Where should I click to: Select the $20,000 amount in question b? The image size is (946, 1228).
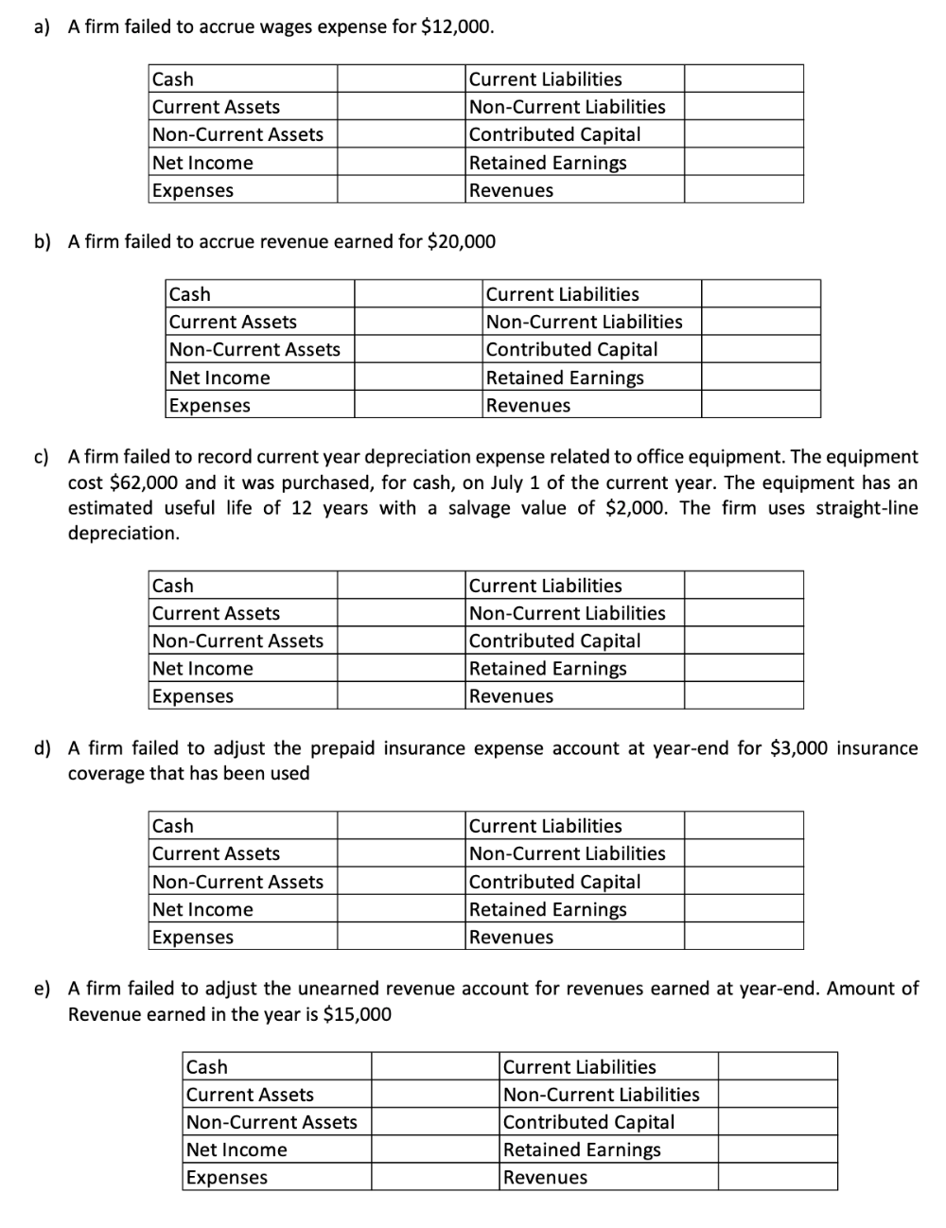pyautogui.click(x=462, y=241)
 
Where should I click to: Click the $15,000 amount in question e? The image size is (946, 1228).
pyautogui.click(x=357, y=1014)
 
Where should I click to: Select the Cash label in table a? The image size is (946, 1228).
pyautogui.click(x=173, y=79)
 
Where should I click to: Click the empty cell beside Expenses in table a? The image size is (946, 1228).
pyautogui.click(x=401, y=190)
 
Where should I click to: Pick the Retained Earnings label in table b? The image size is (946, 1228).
pyautogui.click(x=565, y=377)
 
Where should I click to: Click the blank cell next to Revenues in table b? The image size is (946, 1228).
pyautogui.click(x=761, y=405)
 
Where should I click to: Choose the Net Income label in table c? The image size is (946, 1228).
pyautogui.click(x=202, y=669)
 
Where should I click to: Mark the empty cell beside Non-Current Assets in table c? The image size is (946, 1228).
pyautogui.click(x=401, y=641)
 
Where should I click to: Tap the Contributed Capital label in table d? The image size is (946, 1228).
pyautogui.click(x=554, y=882)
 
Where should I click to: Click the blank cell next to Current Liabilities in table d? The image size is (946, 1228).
pyautogui.click(x=744, y=826)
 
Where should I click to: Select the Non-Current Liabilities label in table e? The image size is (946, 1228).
pyautogui.click(x=601, y=1095)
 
